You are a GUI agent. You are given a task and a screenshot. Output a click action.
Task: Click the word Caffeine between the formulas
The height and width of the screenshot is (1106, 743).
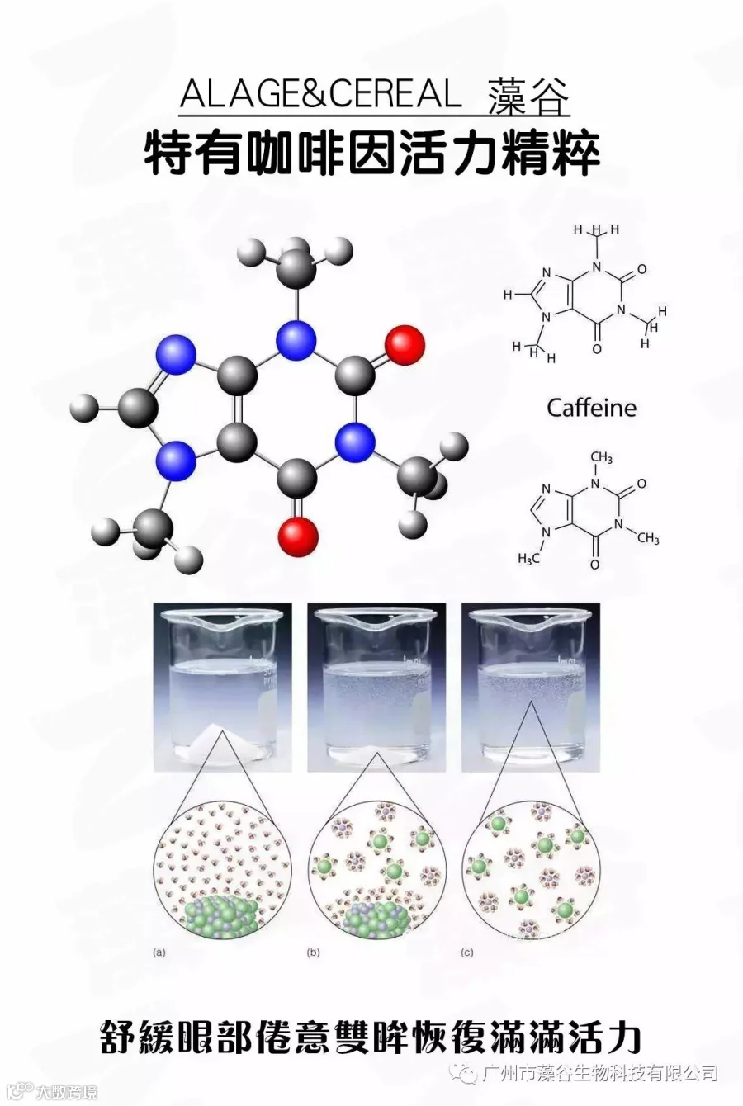pyautogui.click(x=591, y=408)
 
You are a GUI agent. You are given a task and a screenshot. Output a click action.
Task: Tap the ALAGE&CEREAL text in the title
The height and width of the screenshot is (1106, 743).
pyautogui.click(x=320, y=96)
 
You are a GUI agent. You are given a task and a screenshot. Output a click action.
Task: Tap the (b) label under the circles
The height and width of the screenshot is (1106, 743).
pyautogui.click(x=313, y=952)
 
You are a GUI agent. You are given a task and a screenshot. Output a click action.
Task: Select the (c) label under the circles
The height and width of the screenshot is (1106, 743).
pyautogui.click(x=467, y=952)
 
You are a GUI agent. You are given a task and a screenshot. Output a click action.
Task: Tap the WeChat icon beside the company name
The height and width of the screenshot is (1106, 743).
pyautogui.click(x=470, y=1074)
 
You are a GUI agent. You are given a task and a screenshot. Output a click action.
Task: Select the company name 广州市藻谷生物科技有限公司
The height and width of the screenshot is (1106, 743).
pyautogui.click(x=601, y=1074)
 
